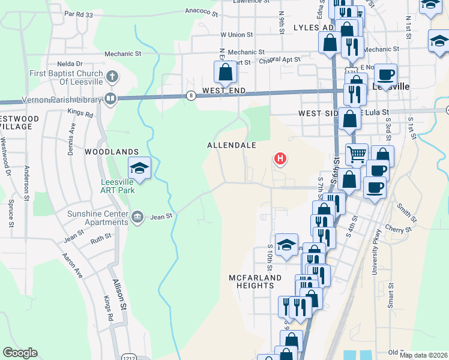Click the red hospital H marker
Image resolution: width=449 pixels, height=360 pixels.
click(280, 159)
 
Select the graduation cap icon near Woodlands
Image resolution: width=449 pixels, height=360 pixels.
click(139, 169)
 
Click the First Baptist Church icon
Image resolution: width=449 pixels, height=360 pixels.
click(112, 76)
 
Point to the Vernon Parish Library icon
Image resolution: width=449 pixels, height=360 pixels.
click(110, 98)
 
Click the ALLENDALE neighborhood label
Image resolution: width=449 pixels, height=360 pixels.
click(232, 145)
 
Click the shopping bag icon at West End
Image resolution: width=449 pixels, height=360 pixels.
click(225, 73)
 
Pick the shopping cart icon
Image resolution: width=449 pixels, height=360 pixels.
click(357, 154)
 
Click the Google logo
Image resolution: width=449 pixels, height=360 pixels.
click(20, 353)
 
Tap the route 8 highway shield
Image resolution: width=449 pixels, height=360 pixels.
click(191, 95)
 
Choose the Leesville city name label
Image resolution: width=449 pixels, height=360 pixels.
click(391, 86)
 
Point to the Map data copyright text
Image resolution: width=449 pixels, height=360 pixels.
click(423, 355)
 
